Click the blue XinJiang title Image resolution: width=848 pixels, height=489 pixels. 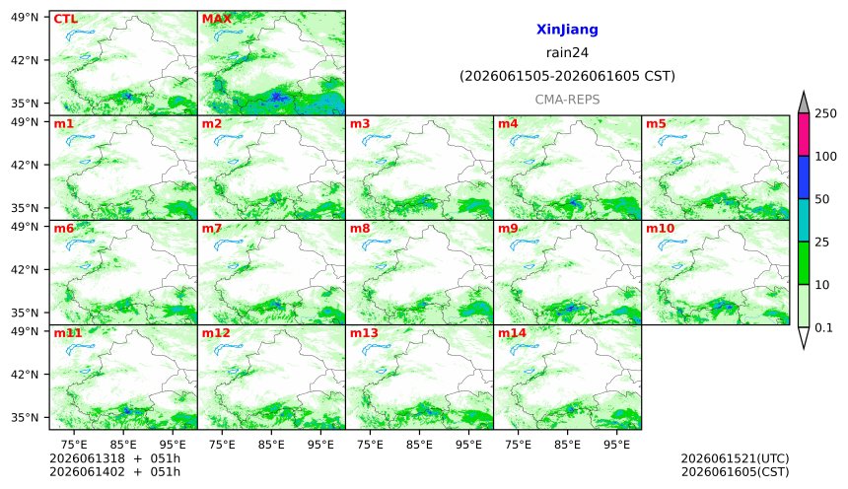click(x=567, y=30)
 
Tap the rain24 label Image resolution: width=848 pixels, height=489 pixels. click(x=567, y=52)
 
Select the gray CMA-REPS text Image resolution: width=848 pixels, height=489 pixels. click(x=567, y=100)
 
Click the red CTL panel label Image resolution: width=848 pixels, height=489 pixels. click(x=65, y=19)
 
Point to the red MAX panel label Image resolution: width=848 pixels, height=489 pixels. click(x=216, y=19)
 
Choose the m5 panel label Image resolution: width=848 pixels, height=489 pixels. click(x=656, y=124)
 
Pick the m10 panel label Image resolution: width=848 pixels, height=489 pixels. click(x=661, y=229)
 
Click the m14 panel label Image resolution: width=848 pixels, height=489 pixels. click(x=512, y=332)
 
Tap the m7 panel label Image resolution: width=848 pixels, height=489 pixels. click(x=212, y=229)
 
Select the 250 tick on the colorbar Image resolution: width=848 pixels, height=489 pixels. click(x=825, y=113)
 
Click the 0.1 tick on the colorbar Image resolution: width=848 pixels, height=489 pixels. click(x=823, y=327)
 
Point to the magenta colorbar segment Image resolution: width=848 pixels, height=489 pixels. click(x=803, y=135)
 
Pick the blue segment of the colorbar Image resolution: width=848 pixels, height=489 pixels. click(x=803, y=177)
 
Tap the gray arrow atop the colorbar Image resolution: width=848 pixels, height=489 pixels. click(x=803, y=104)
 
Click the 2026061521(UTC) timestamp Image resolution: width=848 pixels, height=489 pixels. click(x=735, y=458)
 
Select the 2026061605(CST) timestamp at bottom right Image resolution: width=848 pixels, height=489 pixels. click(x=735, y=472)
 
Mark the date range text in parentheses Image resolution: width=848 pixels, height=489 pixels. click(x=567, y=76)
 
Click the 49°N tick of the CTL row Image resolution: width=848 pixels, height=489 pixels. click(x=25, y=17)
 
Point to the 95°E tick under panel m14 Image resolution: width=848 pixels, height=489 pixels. click(x=616, y=445)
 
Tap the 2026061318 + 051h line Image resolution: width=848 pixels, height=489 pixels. click(x=114, y=458)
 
